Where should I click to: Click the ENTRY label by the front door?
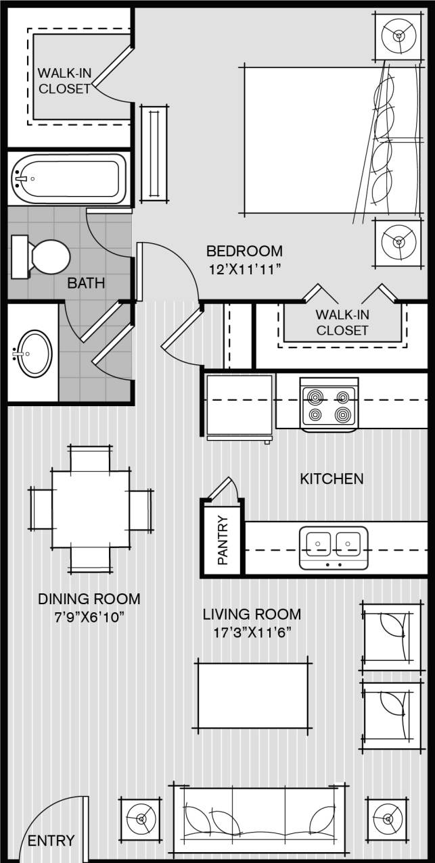coord(51,841)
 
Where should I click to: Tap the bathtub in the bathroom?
coord(69,178)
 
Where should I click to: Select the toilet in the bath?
coord(44,257)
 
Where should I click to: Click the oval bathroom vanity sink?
coord(34,353)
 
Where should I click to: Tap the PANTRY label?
coord(223,541)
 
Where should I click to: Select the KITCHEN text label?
coord(331,479)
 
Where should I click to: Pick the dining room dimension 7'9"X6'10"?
coord(89,618)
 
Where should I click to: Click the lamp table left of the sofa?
coord(141,819)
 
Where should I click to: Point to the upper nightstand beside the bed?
coord(396,35)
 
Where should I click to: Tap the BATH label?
coord(86,283)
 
